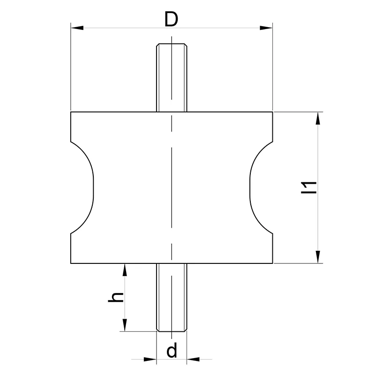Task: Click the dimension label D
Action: tap(171, 19)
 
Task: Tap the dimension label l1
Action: tap(309, 187)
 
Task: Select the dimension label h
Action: tap(116, 297)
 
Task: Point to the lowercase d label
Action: tap(172, 350)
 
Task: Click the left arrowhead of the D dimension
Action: tap(77, 28)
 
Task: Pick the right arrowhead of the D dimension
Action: tap(266, 28)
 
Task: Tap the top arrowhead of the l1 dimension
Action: tap(318, 118)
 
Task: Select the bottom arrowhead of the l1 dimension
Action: tap(318, 257)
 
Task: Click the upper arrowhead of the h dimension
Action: tap(124, 270)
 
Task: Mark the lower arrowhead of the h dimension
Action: tap(124, 325)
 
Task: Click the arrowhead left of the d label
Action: tap(150, 359)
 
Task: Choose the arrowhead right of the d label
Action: tap(193, 359)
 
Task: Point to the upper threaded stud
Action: tap(172, 77)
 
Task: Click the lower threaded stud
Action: tap(172, 298)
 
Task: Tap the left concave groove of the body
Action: tap(82, 187)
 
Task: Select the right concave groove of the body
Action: tap(261, 187)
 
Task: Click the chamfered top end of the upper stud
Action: tap(172, 45)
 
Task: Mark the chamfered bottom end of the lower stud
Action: tap(172, 330)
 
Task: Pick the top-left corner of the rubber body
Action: tap(71, 112)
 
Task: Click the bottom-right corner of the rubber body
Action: tap(273, 263)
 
